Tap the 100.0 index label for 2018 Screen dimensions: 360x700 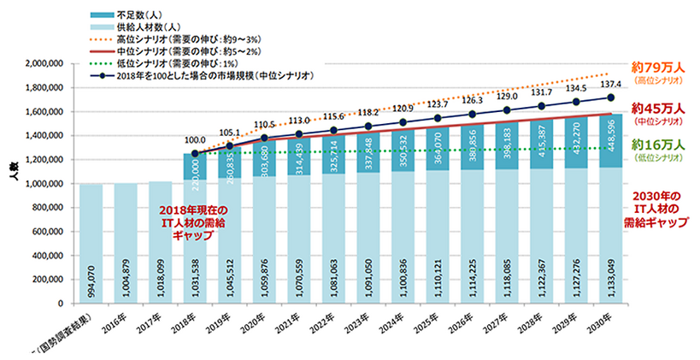197,139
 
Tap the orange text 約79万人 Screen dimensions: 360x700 653,68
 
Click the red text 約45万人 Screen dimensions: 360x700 653,109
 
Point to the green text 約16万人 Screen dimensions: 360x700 653,146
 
